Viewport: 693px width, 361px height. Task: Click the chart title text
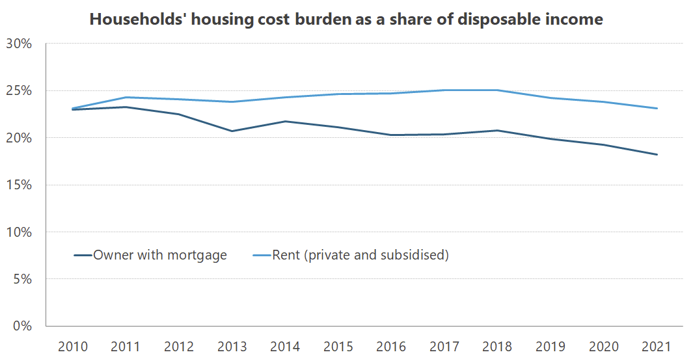346,20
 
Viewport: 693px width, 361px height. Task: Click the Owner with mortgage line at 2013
232,131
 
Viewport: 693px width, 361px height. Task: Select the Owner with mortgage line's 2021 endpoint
657,155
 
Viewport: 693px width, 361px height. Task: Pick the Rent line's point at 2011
126,98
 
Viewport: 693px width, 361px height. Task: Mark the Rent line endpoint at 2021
657,109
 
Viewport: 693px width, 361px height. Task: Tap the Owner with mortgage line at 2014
285,122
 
